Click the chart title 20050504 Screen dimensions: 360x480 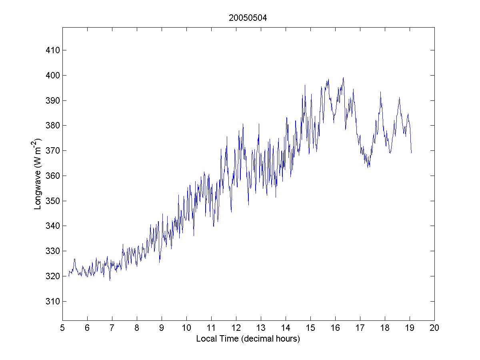pos(248,18)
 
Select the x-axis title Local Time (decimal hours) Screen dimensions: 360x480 pos(248,339)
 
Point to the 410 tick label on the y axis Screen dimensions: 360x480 pos(52,50)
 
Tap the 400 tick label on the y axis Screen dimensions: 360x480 pos(52,76)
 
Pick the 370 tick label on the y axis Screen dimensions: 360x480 pos(52,151)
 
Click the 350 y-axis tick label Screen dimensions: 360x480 pos(52,201)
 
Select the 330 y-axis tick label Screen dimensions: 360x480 pos(52,251)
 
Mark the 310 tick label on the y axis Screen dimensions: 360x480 pos(52,301)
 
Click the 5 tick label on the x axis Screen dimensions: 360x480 pos(62,328)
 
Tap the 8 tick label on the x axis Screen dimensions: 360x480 pos(137,328)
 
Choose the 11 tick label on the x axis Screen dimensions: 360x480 pos(211,328)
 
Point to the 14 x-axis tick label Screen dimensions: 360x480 pos(286,328)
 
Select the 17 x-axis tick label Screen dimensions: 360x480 pos(360,328)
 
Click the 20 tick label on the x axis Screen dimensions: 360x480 pos(434,328)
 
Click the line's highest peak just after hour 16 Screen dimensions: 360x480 pos(343,78)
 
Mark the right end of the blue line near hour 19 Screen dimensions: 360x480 pos(411,153)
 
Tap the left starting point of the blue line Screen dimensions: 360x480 pos(68,276)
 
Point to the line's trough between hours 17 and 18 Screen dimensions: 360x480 pos(368,167)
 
